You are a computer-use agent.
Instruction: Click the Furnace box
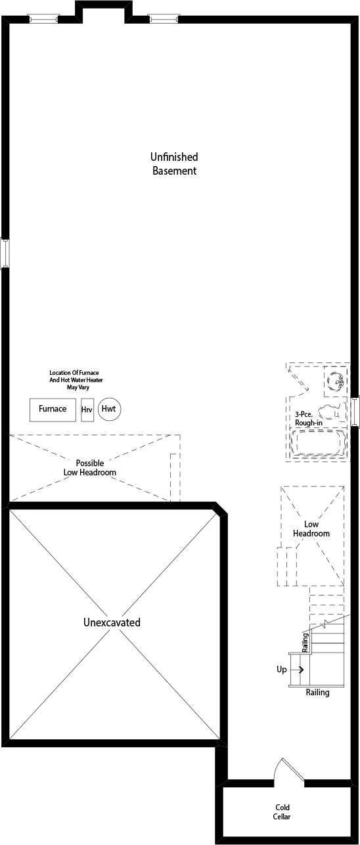pyautogui.click(x=53, y=409)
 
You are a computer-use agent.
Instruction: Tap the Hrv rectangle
pyautogui.click(x=87, y=410)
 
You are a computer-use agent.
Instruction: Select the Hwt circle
pyautogui.click(x=110, y=409)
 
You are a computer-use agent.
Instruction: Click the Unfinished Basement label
pyautogui.click(x=174, y=163)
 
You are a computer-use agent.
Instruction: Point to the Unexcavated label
pyautogui.click(x=112, y=622)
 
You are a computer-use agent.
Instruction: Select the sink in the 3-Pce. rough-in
pyautogui.click(x=335, y=381)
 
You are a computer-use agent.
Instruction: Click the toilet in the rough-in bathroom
pyautogui.click(x=332, y=413)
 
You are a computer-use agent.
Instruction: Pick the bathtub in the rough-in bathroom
pyautogui.click(x=318, y=444)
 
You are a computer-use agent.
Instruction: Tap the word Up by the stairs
pyautogui.click(x=282, y=670)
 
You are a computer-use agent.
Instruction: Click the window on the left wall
pyautogui.click(x=5, y=253)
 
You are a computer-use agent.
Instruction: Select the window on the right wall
pyautogui.click(x=355, y=411)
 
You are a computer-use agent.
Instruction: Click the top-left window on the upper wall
pyautogui.click(x=44, y=18)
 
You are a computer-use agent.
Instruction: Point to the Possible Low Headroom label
pyautogui.click(x=90, y=467)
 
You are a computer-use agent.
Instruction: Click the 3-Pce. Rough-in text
pyautogui.click(x=309, y=419)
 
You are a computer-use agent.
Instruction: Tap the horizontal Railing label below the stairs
pyautogui.click(x=317, y=693)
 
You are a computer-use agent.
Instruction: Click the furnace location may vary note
pyautogui.click(x=76, y=380)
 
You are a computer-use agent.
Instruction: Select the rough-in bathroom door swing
pyautogui.click(x=298, y=381)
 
